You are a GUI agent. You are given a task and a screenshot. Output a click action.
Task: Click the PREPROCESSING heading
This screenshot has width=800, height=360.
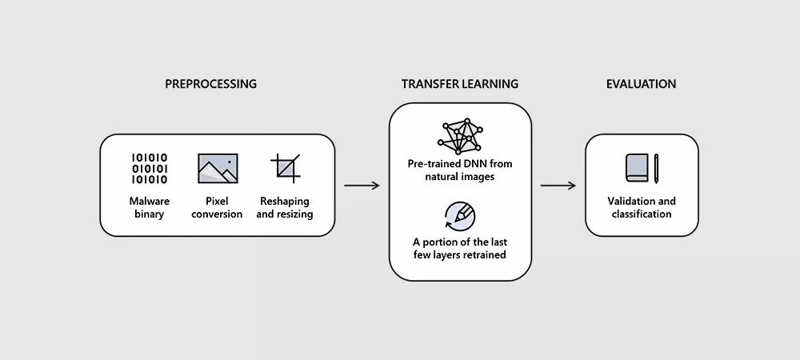210,84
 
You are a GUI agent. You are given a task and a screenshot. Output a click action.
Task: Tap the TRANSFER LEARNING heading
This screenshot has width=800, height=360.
460,84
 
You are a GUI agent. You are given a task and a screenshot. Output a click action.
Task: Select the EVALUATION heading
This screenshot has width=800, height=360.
642,84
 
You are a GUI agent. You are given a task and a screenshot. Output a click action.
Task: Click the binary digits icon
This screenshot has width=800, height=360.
150,168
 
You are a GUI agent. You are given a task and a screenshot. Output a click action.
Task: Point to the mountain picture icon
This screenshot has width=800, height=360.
218,168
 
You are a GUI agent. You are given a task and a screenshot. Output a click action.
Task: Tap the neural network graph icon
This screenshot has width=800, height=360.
460,136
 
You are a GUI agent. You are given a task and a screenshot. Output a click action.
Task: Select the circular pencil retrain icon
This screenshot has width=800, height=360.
460,216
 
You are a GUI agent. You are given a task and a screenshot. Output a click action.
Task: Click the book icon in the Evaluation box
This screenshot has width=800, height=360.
637,168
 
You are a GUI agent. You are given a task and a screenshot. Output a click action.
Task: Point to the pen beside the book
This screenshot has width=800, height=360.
656,168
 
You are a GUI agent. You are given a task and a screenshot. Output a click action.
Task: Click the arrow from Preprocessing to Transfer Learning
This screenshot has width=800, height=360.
362,186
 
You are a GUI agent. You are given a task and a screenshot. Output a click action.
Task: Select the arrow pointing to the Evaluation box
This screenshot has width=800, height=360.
558,186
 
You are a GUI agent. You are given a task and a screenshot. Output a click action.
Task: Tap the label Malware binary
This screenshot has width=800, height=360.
150,207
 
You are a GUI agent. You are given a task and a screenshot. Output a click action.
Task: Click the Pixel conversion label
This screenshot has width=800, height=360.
217,207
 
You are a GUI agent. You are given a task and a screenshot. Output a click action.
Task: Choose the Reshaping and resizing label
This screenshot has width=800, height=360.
285,207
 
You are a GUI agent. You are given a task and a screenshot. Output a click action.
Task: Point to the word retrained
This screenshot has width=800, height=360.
484,254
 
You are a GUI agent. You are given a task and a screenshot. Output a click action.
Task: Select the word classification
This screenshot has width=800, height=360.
642,214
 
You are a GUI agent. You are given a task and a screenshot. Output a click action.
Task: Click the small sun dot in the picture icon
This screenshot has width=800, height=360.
230,162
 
